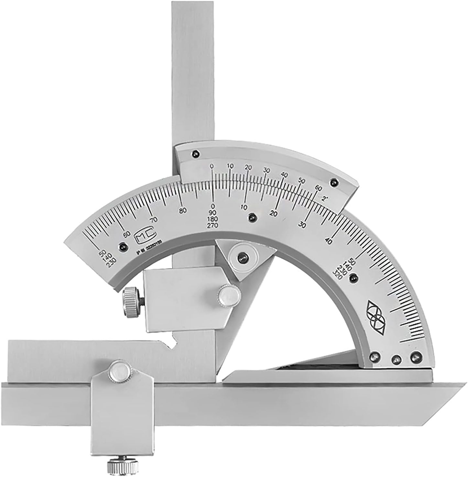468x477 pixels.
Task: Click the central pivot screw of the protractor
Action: pyautogui.click(x=242, y=257)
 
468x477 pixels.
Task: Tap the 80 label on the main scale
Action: pyautogui.click(x=183, y=210)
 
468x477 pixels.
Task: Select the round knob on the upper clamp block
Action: pyautogui.click(x=229, y=294)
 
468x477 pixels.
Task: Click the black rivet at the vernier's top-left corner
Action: pyautogui.click(x=195, y=154)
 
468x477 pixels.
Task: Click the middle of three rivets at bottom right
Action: pyautogui.click(x=395, y=358)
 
